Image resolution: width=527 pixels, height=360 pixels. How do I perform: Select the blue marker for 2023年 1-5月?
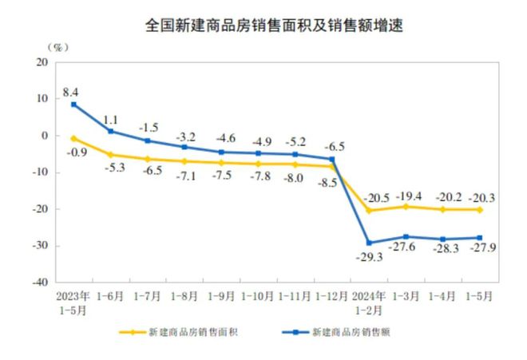coord(73,105)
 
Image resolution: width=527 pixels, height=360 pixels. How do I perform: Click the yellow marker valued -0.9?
coord(73,138)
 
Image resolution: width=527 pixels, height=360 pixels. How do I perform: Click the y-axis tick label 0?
coord(46,136)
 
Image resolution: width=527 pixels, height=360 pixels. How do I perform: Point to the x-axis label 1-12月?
coord(334,295)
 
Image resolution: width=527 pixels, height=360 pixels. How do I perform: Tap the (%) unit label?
coord(58,45)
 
